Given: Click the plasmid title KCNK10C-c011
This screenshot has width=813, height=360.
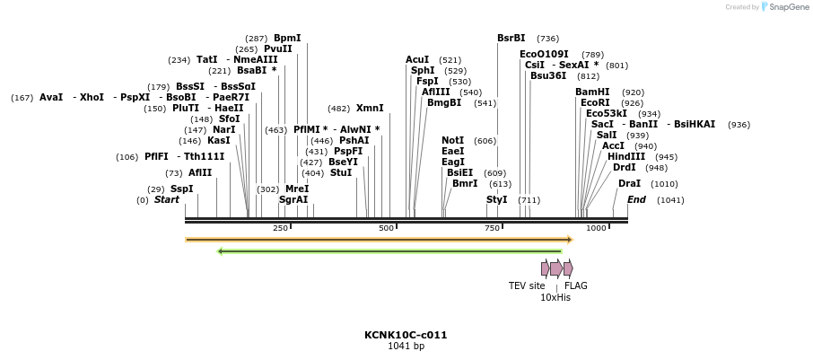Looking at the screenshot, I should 406,335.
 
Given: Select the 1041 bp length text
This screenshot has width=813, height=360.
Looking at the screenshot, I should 406,347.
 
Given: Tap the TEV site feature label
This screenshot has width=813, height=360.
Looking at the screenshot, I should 527,285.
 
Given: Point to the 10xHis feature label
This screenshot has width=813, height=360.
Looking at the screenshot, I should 555,297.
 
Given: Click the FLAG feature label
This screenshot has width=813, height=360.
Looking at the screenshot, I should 576,285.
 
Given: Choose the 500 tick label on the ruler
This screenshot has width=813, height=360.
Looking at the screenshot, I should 387,228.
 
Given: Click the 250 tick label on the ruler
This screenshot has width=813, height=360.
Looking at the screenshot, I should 281,228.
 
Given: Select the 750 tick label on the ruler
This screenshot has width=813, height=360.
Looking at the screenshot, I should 493,228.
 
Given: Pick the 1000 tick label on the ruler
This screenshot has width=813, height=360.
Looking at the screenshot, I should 597,228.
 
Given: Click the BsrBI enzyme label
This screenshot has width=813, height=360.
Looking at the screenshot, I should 511,38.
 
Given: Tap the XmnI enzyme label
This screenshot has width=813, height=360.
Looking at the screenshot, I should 370,108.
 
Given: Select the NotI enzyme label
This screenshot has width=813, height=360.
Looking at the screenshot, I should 453,140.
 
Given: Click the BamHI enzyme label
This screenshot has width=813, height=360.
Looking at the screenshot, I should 592,92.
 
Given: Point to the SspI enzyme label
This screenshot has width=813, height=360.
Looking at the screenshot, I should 182,189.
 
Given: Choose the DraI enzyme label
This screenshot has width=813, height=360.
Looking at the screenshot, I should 629,183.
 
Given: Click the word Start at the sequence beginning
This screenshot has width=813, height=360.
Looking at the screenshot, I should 167,199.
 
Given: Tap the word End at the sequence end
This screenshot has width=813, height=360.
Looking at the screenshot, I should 636,199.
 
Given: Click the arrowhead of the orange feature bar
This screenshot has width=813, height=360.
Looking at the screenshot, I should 569,240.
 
